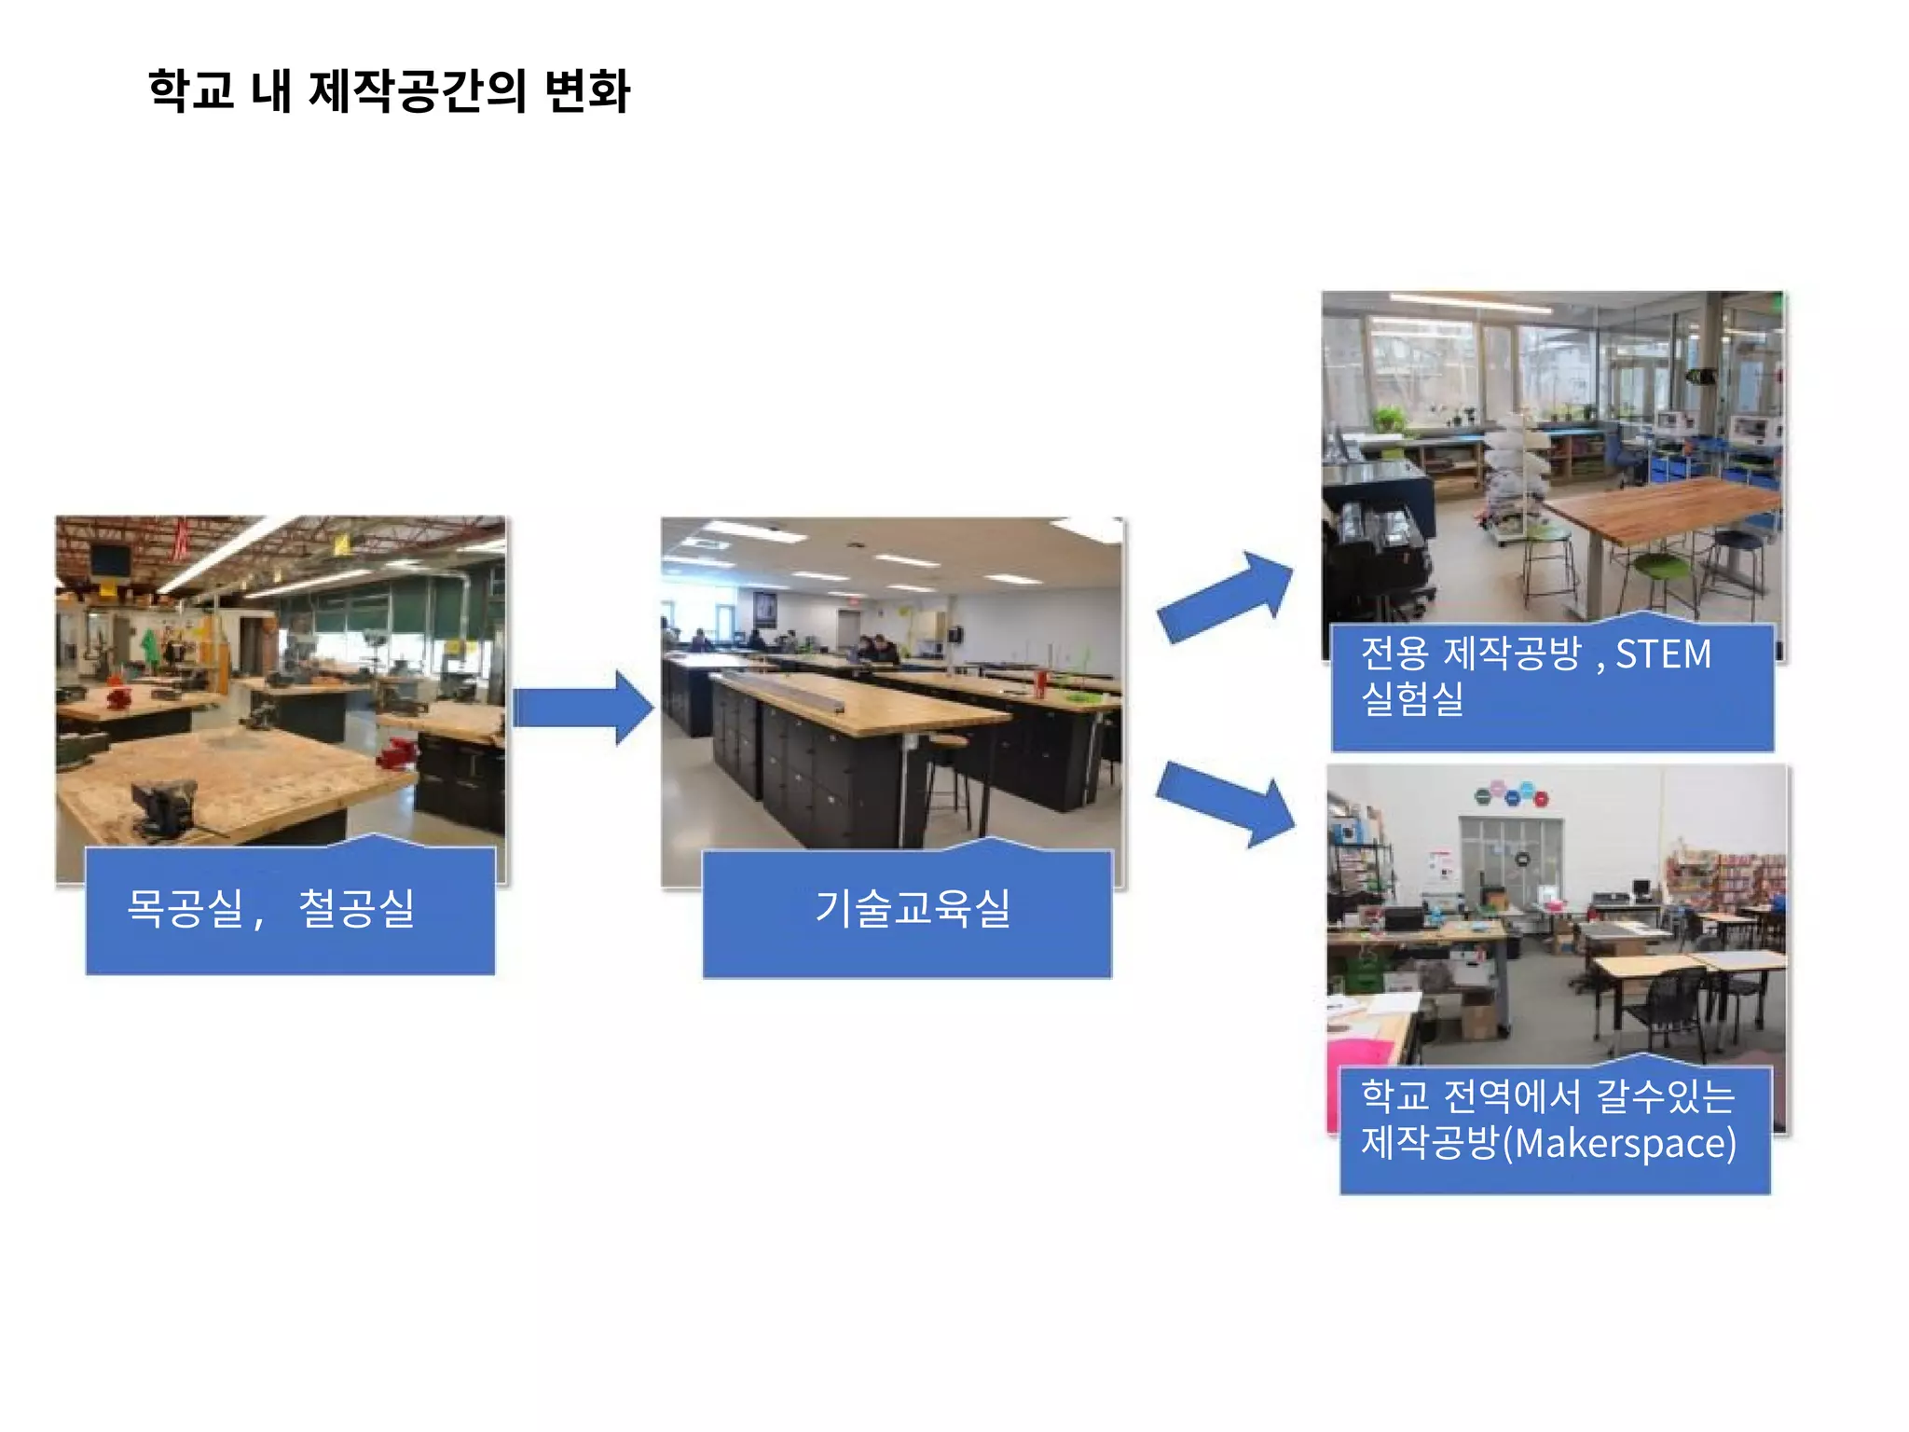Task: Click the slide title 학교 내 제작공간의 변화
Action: tap(389, 91)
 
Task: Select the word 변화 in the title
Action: tap(587, 91)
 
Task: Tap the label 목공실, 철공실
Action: tap(270, 908)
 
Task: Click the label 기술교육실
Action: tap(913, 908)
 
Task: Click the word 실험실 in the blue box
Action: tap(1412, 698)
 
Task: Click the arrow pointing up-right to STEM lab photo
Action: tap(1227, 597)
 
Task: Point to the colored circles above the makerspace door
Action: tap(1511, 794)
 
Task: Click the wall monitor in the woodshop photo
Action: tap(110, 560)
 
